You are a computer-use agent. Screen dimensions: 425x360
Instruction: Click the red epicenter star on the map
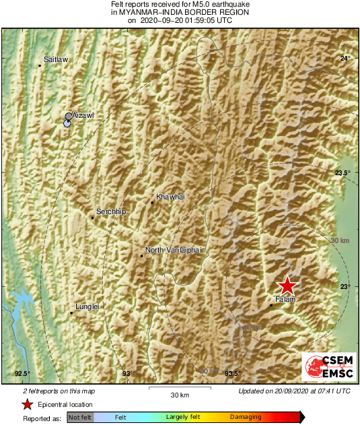pos(287,285)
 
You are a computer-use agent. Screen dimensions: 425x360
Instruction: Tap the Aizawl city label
pos(83,116)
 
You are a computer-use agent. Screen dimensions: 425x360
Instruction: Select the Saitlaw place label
pos(56,60)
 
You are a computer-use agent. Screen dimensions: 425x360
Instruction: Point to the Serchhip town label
pos(112,212)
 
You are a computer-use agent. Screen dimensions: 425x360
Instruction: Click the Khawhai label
pos(170,197)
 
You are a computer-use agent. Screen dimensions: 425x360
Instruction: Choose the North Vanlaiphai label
pos(174,250)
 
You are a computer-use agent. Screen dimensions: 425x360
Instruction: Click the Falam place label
pos(285,298)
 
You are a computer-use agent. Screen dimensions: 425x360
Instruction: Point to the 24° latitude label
pos(345,59)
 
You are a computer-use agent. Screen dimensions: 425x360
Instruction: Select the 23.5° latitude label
pos(343,173)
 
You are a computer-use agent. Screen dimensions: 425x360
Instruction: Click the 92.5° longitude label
pos(22,374)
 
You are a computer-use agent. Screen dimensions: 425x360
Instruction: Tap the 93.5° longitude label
pos(232,374)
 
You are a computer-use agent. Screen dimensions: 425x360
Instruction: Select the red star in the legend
pos(27,405)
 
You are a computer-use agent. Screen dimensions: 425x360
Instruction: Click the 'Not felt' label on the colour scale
pos(80,418)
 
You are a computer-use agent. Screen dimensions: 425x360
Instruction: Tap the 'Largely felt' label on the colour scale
pos(181,418)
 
